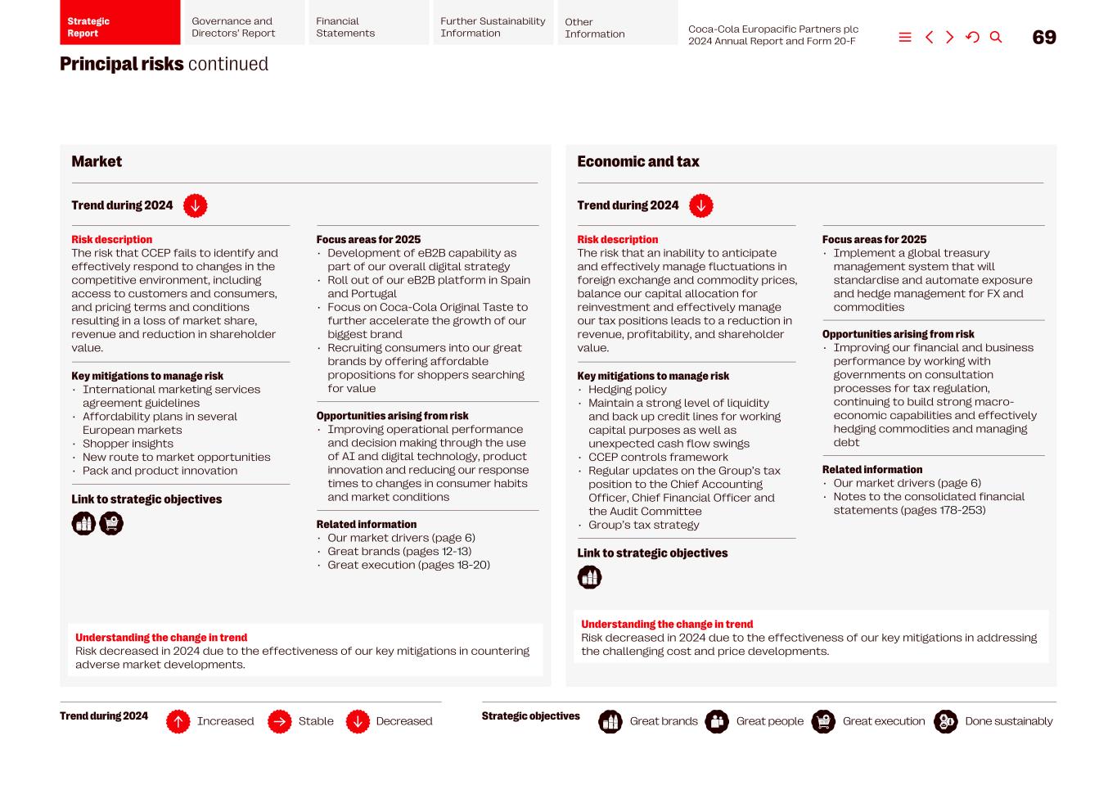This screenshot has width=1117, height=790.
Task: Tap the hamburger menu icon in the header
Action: pyautogui.click(x=905, y=38)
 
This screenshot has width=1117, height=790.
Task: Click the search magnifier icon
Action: pyautogui.click(x=996, y=38)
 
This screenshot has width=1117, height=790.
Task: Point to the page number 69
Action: pyautogui.click(x=1044, y=38)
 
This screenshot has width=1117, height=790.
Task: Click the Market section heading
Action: pyautogui.click(x=97, y=162)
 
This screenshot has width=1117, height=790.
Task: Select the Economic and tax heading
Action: pyautogui.click(x=637, y=162)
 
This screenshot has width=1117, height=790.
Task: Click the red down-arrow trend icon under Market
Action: pyautogui.click(x=195, y=206)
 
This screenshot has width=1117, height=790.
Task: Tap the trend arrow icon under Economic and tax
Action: pyautogui.click(x=700, y=206)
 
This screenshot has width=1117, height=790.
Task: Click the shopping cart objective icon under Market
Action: pyautogui.click(x=111, y=524)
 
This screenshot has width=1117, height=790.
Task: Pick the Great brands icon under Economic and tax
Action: pyautogui.click(x=589, y=578)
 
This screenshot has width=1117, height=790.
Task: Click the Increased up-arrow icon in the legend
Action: pyautogui.click(x=178, y=722)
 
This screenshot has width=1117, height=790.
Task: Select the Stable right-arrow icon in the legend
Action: pyautogui.click(x=279, y=722)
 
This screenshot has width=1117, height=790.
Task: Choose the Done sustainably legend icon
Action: pyautogui.click(x=945, y=722)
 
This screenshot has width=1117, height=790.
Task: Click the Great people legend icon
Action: pyautogui.click(x=717, y=722)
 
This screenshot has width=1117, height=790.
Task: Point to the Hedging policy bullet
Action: pyautogui.click(x=627, y=390)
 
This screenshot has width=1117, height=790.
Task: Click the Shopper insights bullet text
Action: pyautogui.click(x=128, y=444)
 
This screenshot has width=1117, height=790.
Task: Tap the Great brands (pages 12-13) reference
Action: pyautogui.click(x=399, y=552)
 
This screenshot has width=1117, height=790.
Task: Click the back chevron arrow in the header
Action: pyautogui.click(x=929, y=38)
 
